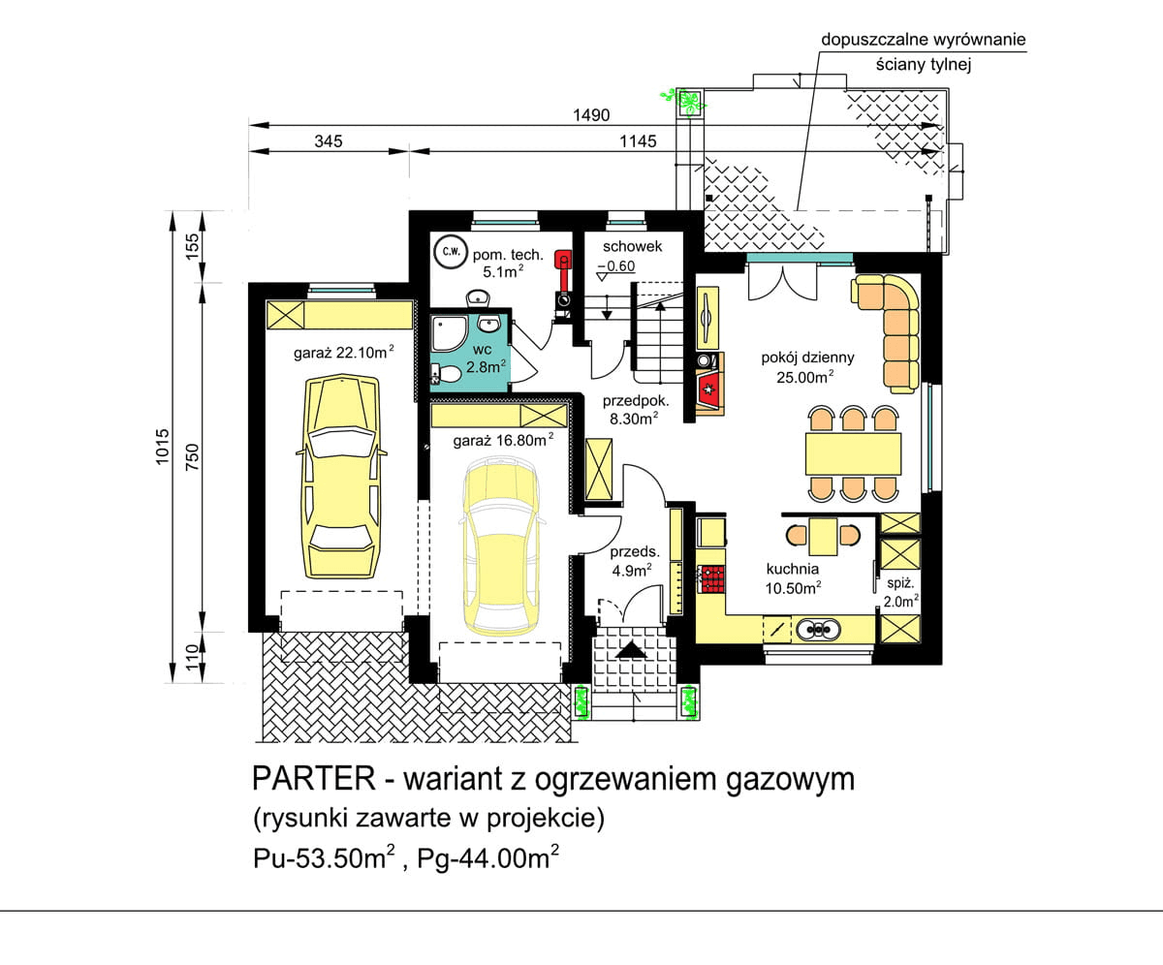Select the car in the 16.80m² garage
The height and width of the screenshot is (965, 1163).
pyautogui.click(x=500, y=546)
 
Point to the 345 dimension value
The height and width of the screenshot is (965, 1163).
pyautogui.click(x=330, y=140)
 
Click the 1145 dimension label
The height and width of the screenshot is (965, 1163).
pyautogui.click(x=637, y=140)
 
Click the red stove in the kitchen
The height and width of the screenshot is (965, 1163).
pyautogui.click(x=712, y=578)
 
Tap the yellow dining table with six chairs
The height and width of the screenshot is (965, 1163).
pyautogui.click(x=852, y=453)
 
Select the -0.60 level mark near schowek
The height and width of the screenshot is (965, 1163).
pyautogui.click(x=616, y=266)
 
